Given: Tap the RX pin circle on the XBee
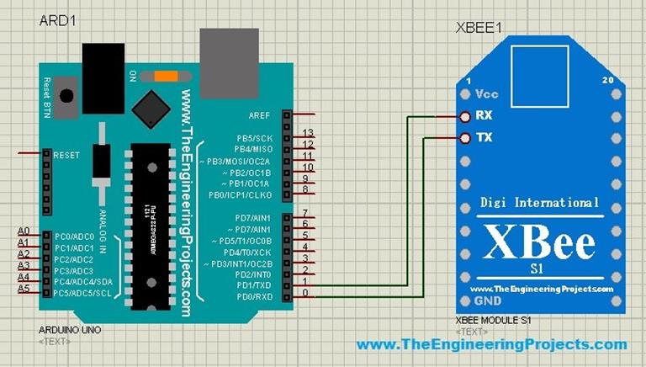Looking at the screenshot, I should point(464,116).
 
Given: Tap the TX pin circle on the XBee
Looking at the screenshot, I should point(464,137).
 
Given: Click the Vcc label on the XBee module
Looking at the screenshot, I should point(487,94).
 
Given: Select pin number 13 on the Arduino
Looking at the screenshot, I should point(308,134).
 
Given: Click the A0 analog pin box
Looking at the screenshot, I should point(24,231).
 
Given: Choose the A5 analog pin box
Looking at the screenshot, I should point(24,289).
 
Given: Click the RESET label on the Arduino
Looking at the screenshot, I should point(66,156).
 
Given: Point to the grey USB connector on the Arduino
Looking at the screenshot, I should point(229,52).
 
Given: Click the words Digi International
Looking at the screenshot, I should point(539,202).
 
